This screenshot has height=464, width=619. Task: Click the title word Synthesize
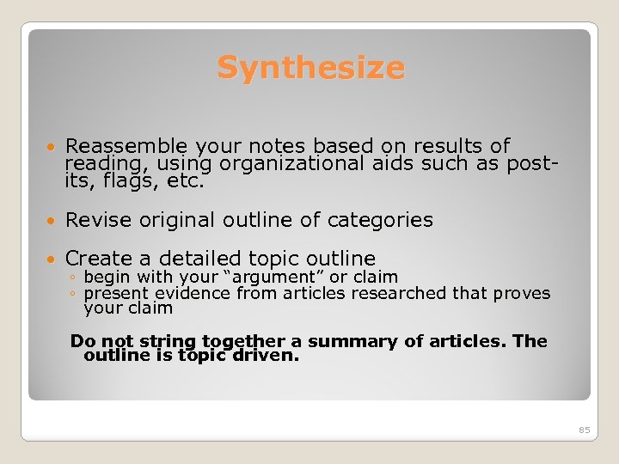[x=310, y=67]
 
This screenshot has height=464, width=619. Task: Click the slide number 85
[x=585, y=430]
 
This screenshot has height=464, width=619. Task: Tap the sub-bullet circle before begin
[x=74, y=278]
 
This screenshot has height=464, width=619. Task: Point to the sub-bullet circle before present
[x=74, y=294]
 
